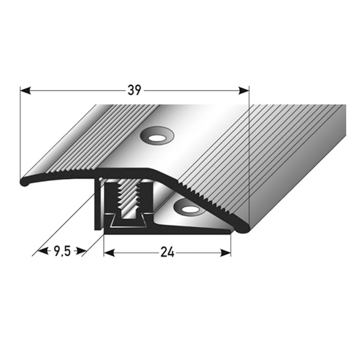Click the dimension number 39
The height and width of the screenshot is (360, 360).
[x=134, y=90]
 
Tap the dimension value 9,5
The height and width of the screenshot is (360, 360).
[x=62, y=251]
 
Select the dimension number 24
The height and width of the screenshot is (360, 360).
[x=167, y=252]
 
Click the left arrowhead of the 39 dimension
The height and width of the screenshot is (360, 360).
[x=26, y=90]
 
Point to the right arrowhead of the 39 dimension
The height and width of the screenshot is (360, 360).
[x=244, y=90]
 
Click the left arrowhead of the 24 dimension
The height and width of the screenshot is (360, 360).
[x=109, y=252]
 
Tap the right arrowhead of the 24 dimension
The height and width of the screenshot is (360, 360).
[x=226, y=252]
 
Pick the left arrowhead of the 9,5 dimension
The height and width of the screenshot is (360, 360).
[x=43, y=251]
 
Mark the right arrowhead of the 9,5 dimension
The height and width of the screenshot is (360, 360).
[x=81, y=251]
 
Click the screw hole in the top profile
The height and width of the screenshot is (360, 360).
[x=157, y=138]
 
